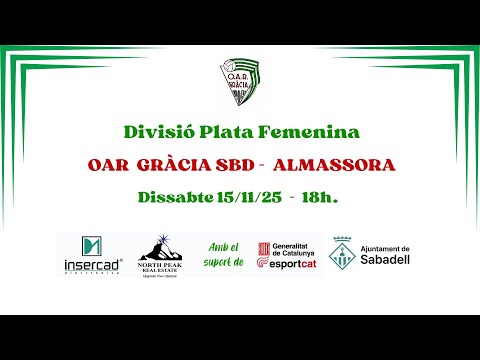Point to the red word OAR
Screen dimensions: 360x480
point(108,164)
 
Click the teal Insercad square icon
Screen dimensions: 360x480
point(93,246)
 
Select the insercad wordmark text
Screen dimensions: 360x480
point(93,266)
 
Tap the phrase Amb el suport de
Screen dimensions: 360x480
point(223,255)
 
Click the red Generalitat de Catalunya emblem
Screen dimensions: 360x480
point(263,249)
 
